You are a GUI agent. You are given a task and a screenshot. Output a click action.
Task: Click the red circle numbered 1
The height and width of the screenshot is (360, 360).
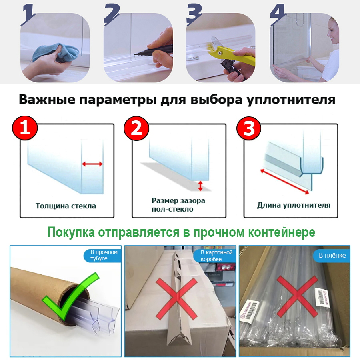[x=25, y=128]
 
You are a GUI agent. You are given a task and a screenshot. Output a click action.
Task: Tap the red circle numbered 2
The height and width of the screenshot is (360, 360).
[x=136, y=128]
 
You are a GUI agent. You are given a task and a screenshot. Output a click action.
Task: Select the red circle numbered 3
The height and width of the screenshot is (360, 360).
[x=249, y=128]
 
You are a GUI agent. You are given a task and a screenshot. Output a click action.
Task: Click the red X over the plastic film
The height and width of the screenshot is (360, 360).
[x=296, y=300]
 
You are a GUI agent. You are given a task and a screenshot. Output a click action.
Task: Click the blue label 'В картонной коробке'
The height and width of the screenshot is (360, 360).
[x=216, y=256]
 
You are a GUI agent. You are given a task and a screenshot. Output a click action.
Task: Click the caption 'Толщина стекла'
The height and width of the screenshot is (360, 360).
[x=66, y=206]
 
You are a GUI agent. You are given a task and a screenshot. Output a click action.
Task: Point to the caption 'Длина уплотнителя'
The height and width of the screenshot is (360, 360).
[x=294, y=205]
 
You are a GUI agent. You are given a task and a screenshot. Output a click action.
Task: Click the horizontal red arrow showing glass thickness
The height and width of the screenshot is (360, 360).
[x=92, y=164]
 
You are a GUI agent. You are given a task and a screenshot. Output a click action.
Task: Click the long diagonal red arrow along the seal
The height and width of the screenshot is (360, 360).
[x=284, y=181]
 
